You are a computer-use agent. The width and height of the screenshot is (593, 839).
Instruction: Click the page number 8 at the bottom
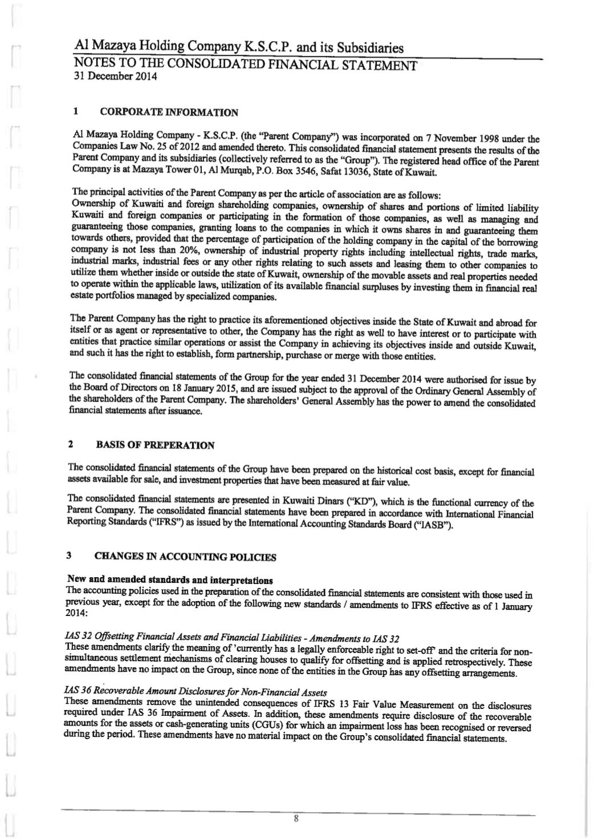point(296,818)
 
